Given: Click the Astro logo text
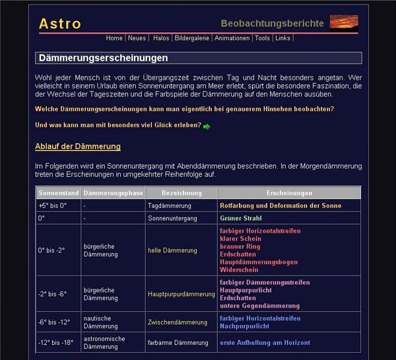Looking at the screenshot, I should [60, 24].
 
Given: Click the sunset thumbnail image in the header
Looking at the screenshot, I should [344, 22].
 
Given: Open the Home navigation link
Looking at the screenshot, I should [114, 38].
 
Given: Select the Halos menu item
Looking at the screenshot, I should [161, 38].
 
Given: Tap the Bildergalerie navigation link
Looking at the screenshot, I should [192, 38].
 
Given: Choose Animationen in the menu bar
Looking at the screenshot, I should [232, 38].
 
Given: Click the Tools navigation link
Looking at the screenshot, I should [262, 38].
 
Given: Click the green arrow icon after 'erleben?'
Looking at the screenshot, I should [207, 126].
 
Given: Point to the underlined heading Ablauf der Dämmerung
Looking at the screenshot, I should [78, 146].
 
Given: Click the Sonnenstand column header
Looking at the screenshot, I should [59, 193].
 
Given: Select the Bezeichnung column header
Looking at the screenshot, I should [181, 193].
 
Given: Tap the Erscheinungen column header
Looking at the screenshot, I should [289, 193].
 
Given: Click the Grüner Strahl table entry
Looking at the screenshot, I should [241, 218].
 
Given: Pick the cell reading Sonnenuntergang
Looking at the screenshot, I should [172, 218].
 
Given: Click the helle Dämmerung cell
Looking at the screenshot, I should [172, 251].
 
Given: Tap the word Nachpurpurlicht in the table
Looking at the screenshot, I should [244, 326].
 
